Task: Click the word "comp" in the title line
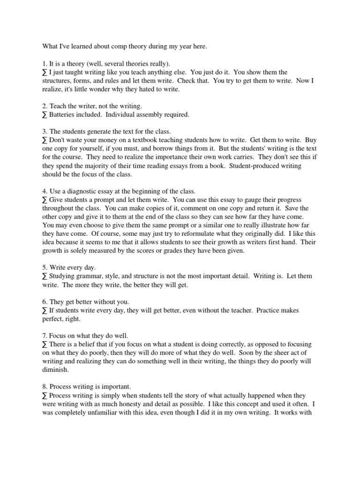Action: (122, 46)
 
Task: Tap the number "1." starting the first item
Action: (45, 63)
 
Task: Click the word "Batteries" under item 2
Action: (63, 114)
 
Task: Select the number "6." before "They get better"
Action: (45, 301)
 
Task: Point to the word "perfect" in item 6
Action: (52, 319)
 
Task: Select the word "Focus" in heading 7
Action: (59, 336)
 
